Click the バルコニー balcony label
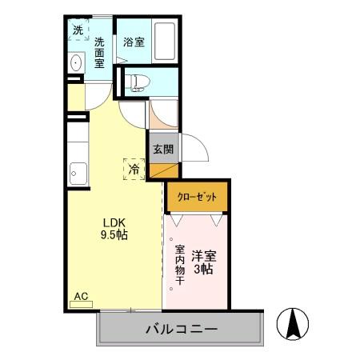pos(182,329)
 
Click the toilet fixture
pos(138,80)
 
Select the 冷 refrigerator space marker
pos(135,169)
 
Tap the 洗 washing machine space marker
pos(78,30)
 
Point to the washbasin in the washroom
pos(76,64)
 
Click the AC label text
pos(81,296)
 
